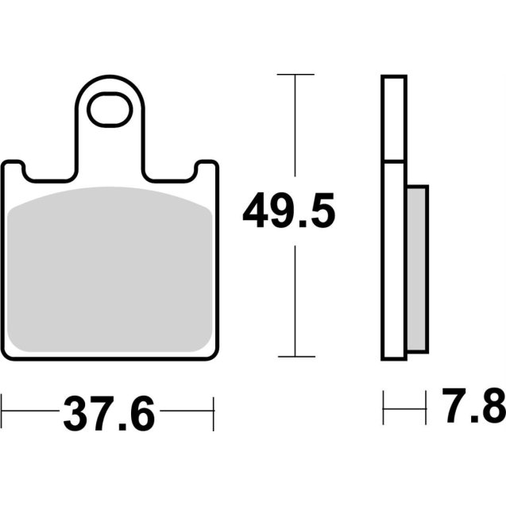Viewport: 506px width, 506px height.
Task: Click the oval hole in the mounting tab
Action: click(x=110, y=111)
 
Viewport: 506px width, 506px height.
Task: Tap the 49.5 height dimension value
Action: click(x=289, y=211)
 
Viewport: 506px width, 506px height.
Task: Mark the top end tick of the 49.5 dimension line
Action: click(x=295, y=74)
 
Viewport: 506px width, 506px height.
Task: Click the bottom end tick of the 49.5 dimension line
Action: click(x=295, y=357)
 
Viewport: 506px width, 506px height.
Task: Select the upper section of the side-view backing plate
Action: click(x=394, y=119)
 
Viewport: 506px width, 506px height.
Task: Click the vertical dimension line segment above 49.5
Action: click(x=295, y=127)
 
